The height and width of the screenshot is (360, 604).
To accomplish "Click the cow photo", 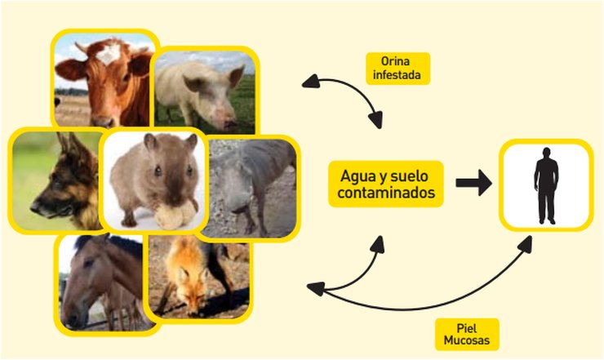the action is (104, 80).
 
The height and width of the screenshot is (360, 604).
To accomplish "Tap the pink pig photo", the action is (205, 92).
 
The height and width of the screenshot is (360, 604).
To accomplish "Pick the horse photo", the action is (103, 283).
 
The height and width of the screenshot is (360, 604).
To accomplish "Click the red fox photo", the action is (199, 277).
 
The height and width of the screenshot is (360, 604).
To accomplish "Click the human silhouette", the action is (546, 185).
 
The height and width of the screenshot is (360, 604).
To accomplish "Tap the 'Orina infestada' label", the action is (397, 69).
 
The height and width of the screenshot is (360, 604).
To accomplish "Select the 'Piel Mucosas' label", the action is (467, 334).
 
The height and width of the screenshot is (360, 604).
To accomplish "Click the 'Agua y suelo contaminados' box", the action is (385, 184).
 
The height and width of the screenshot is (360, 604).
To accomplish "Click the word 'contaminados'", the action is (386, 193).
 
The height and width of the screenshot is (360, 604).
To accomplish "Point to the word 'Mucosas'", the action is (467, 340).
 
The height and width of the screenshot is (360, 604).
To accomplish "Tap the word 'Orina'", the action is (395, 61).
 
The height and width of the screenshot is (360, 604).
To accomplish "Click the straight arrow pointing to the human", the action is (473, 183).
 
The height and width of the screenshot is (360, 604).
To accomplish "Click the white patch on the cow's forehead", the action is (109, 54).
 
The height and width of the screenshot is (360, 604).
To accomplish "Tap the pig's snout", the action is (229, 126).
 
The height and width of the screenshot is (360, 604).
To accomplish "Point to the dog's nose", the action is (34, 207).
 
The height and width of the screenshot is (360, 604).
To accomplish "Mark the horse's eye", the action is (89, 263).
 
